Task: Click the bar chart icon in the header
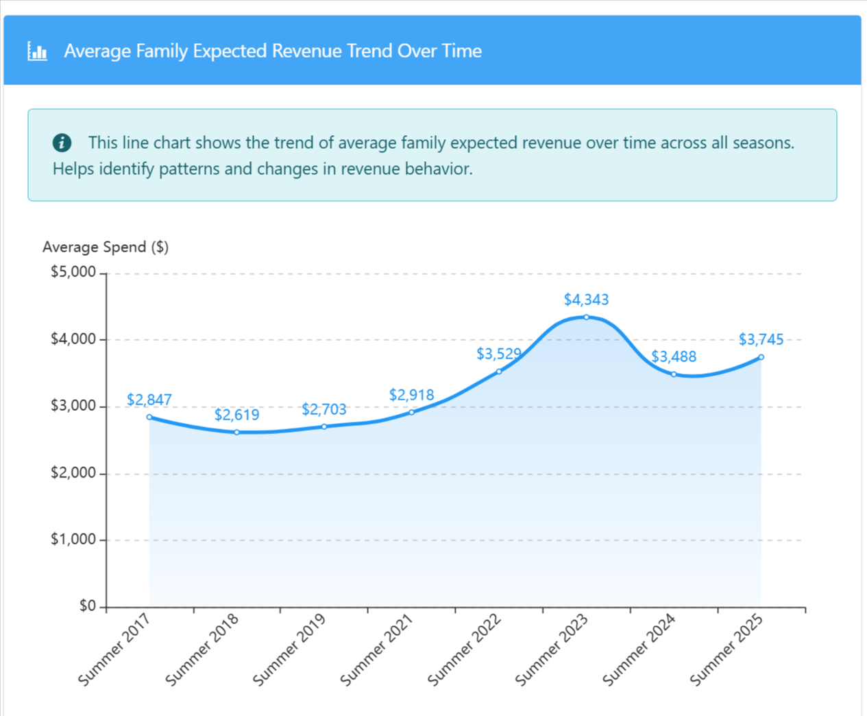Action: (x=37, y=51)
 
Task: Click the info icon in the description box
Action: (x=62, y=143)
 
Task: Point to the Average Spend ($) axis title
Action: (x=106, y=247)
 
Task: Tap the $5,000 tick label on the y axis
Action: (x=73, y=272)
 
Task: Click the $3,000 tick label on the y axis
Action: (x=73, y=406)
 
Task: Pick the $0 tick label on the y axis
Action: (x=87, y=606)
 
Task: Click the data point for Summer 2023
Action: (x=587, y=317)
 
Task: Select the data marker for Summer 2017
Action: (x=149, y=417)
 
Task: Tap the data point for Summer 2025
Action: (x=761, y=357)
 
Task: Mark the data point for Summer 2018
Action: (x=237, y=432)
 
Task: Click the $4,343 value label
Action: (x=586, y=300)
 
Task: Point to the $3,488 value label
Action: (x=674, y=357)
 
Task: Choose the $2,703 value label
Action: (x=324, y=409)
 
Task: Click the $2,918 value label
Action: (x=411, y=395)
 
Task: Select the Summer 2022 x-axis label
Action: (x=465, y=649)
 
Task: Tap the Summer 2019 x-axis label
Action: (x=290, y=649)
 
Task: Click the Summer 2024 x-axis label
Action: (x=640, y=649)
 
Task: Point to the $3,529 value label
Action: (x=499, y=354)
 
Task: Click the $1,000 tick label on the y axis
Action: (x=73, y=540)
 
